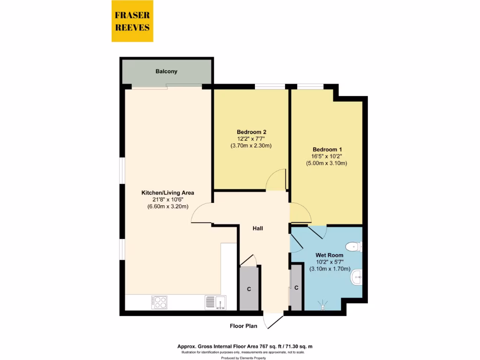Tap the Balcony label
166,72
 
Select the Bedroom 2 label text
251,132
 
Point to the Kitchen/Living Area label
168,193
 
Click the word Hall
258,229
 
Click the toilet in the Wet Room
354,246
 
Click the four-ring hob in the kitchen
159,302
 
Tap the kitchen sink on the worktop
215,302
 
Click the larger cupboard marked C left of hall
249,289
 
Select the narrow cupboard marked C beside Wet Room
296,287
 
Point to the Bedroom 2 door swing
277,180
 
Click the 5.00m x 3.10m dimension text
326,164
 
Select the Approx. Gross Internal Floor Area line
244,346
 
